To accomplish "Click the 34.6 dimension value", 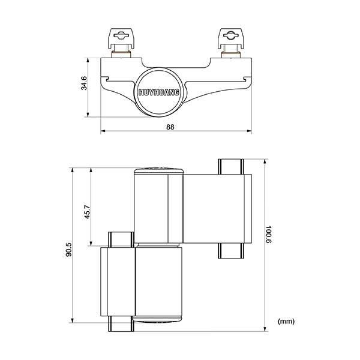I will (x=84, y=83).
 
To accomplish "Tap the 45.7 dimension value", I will (x=86, y=212).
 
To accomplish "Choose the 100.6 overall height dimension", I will (x=269, y=236).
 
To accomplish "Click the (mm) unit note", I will (x=287, y=321).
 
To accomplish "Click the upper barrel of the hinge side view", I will (x=158, y=207).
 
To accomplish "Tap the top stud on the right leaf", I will (x=230, y=166).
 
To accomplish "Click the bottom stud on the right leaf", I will (x=230, y=250).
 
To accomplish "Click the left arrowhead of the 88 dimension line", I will (x=103, y=130).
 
